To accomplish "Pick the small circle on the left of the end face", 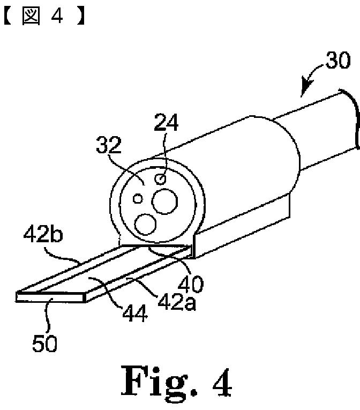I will click(138, 199).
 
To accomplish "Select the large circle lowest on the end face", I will click(145, 223).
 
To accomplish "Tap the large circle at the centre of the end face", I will click(164, 202).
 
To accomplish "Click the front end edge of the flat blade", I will click(51, 297).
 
